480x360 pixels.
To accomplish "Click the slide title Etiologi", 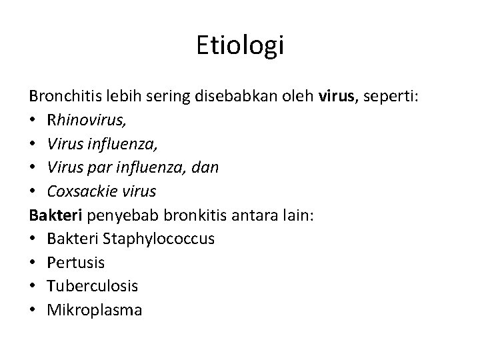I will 241,46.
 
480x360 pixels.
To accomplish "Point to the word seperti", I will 391,97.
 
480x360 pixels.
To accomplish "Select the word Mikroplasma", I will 93,311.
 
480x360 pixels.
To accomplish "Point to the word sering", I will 175,97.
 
